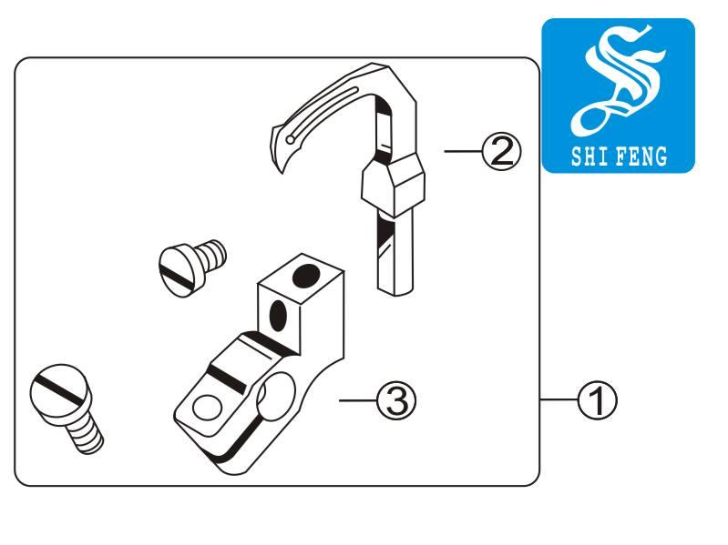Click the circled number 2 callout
point(502,152)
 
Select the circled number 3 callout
point(396,400)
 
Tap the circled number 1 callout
point(598,400)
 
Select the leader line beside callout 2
point(464,151)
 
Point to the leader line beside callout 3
point(357,400)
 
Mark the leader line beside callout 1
point(559,399)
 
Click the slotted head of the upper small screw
point(179,271)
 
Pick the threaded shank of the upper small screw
point(211,255)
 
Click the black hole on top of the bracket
point(306,276)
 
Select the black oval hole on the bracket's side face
point(278,316)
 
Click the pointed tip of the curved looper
point(283,172)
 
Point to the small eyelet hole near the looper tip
point(290,139)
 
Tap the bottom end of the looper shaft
point(395,291)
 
